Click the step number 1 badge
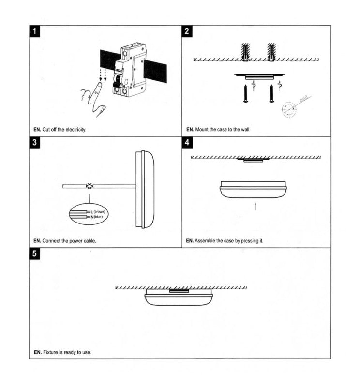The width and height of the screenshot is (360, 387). (x=34, y=32)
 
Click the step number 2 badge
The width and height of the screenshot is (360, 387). (x=187, y=32)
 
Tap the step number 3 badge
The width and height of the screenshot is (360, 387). (x=34, y=143)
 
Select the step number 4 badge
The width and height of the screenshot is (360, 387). (x=187, y=143)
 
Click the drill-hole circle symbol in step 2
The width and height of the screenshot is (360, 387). (x=289, y=109)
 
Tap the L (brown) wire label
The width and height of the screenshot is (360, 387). (x=98, y=212)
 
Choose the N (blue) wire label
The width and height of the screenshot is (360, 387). (x=97, y=217)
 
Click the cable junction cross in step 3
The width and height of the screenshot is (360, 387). (x=90, y=186)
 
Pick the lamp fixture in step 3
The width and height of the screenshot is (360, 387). (x=145, y=189)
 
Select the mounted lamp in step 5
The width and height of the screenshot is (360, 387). (x=179, y=297)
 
